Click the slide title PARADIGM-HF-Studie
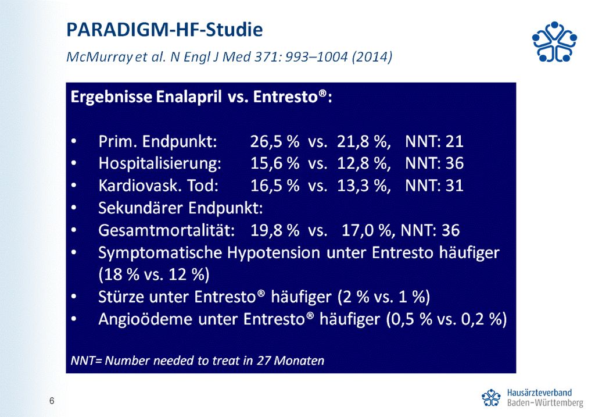pos(164,30)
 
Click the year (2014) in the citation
pos(372,56)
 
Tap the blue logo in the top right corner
pos(554,41)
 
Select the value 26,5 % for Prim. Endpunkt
pos(275,141)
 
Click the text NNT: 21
pos(434,141)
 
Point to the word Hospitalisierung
pos(160,163)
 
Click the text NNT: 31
pos(434,186)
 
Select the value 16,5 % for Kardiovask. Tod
pos(275,186)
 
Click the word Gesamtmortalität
pos(166,230)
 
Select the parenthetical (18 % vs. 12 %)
pos(153,275)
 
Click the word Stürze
pos(121,297)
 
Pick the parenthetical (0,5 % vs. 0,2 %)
pos(446,319)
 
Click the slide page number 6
pos(52,401)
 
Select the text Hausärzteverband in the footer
pos(539,393)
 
